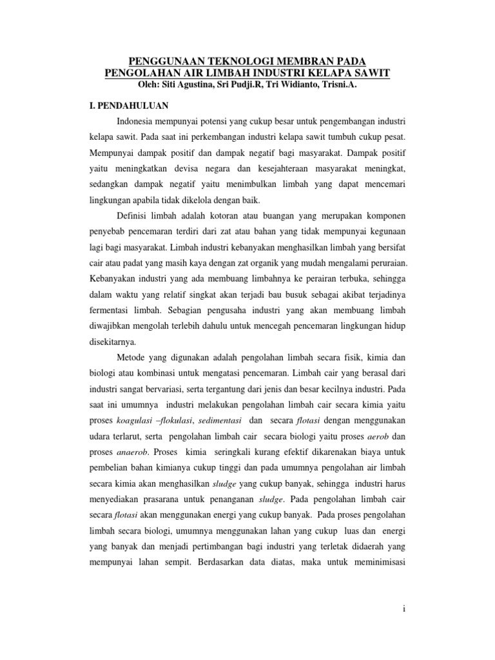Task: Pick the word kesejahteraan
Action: point(313,169)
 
